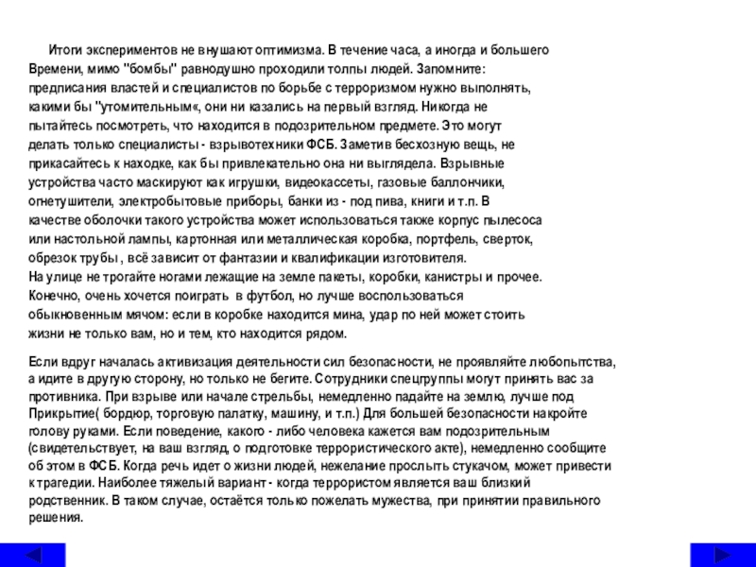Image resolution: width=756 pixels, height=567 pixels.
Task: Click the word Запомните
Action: [x=452, y=69]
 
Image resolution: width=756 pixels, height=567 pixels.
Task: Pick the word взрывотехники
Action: [x=254, y=145]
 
